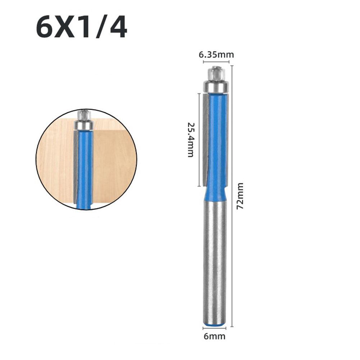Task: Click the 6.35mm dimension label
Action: click(216, 55)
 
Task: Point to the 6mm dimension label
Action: click(215, 337)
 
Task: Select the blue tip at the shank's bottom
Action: click(215, 325)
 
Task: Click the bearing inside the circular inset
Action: click(83, 124)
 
